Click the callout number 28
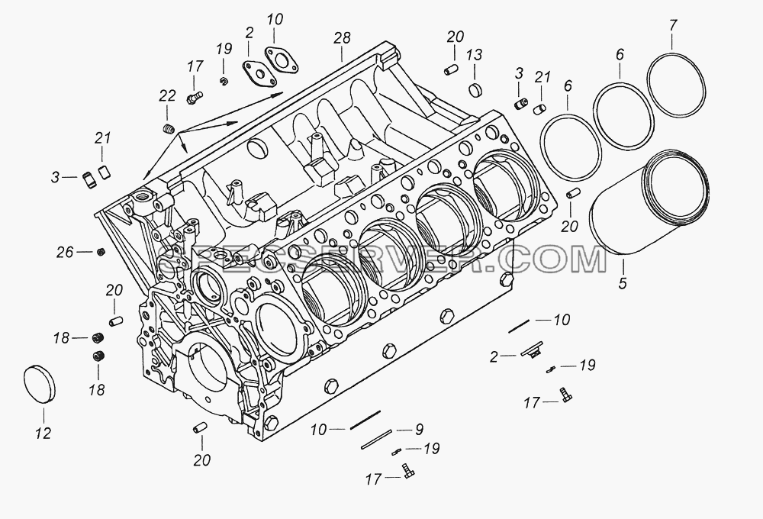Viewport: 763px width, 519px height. point(342,38)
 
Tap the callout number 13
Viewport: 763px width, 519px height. point(475,55)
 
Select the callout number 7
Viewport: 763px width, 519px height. point(672,25)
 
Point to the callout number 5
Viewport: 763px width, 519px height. point(623,283)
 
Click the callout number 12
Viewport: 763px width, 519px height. point(43,433)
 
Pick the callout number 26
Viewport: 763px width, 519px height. point(65,252)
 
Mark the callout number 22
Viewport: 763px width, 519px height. point(167,95)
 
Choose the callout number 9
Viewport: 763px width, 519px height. point(418,429)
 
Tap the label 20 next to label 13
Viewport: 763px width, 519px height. point(456,37)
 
